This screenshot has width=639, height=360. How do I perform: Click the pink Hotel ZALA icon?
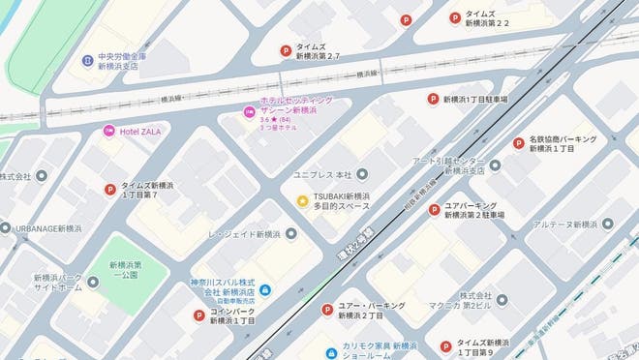[109, 131]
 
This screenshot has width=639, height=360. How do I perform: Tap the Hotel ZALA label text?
[139, 131]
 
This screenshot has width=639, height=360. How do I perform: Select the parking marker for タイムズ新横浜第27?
[286, 51]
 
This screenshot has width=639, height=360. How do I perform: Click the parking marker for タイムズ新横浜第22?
[454, 17]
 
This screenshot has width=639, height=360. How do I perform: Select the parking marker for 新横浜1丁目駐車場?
[434, 99]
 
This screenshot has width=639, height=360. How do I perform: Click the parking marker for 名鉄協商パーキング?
[518, 143]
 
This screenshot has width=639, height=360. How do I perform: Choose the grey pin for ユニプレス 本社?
[362, 174]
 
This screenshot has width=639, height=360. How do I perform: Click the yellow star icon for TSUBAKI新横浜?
[303, 200]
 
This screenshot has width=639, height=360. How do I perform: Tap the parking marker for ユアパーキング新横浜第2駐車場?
[434, 209]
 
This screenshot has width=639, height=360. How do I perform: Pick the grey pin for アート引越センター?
[495, 165]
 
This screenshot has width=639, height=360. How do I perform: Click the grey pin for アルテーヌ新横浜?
[607, 225]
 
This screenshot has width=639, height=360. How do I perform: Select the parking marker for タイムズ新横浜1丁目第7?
[109, 190]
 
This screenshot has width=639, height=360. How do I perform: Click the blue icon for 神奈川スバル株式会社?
[264, 290]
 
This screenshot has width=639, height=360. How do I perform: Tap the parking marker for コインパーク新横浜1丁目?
[199, 315]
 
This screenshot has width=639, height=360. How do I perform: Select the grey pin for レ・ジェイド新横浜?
[291, 234]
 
